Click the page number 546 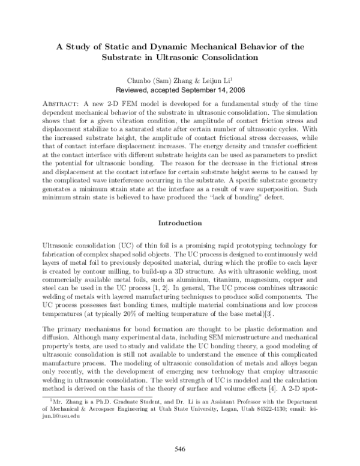[179, 448]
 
